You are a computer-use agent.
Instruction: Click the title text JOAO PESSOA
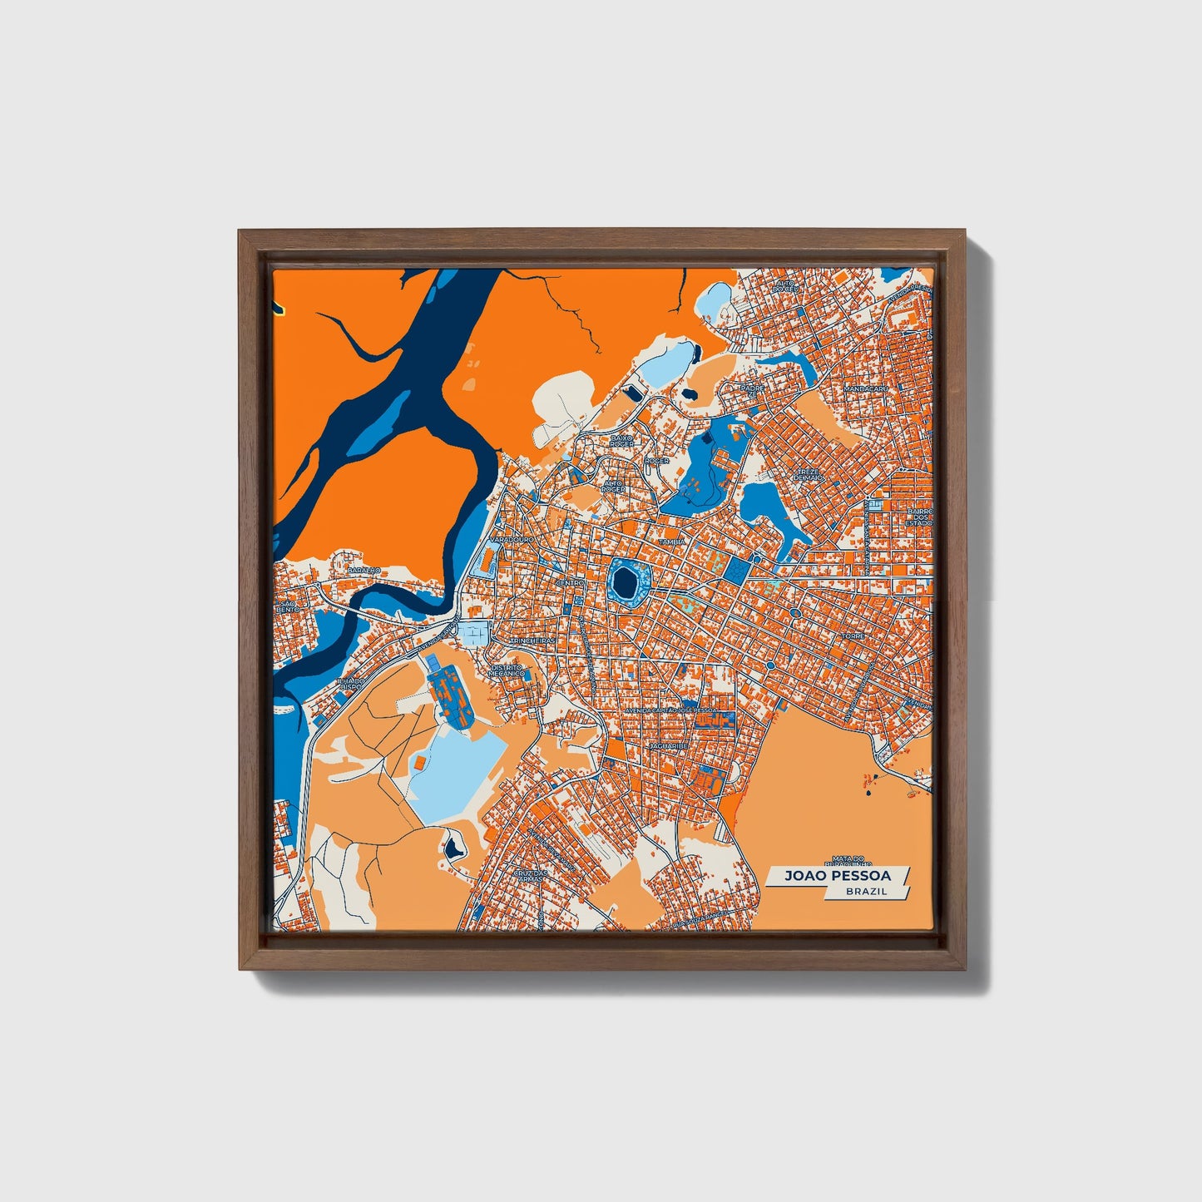tap(837, 876)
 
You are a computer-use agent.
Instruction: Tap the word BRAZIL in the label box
tap(865, 891)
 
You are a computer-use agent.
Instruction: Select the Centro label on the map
tap(571, 584)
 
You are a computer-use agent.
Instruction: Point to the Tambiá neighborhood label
tap(672, 542)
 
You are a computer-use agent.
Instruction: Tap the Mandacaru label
tap(866, 388)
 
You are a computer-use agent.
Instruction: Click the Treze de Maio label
tap(807, 475)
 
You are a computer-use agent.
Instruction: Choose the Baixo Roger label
tap(622, 440)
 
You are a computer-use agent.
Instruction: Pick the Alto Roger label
tap(614, 486)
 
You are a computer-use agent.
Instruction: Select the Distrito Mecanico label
tap(507, 670)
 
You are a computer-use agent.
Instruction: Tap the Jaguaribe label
tap(668, 747)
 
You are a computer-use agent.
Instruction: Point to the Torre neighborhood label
tap(853, 636)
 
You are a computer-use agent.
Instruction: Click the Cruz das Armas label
tap(529, 876)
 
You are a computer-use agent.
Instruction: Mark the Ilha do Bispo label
tap(350, 684)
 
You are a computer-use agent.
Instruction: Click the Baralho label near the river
tap(364, 570)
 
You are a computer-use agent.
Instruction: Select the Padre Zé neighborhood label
tap(751, 389)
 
